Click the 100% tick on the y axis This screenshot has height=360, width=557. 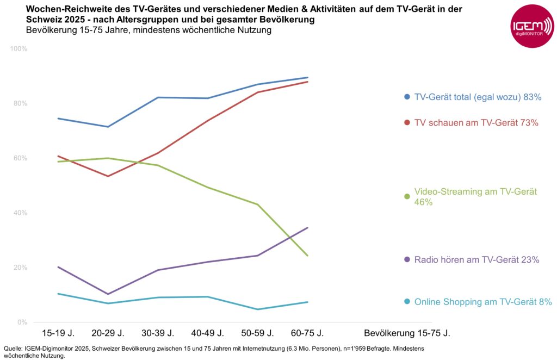20,49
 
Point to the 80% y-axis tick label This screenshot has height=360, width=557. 21,103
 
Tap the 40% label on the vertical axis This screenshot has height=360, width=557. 21,213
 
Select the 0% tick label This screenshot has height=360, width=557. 22,322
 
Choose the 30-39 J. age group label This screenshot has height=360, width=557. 158,333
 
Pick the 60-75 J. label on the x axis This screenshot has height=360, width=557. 308,333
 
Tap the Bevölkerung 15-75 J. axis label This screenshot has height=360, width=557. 407,333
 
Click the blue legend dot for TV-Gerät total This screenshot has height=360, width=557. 407,97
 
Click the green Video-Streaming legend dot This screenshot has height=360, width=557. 407,196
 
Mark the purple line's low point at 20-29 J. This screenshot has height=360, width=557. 108,294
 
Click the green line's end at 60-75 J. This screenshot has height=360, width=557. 308,256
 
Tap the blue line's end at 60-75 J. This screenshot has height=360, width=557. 308,78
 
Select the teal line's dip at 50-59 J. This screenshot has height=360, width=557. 258,309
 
